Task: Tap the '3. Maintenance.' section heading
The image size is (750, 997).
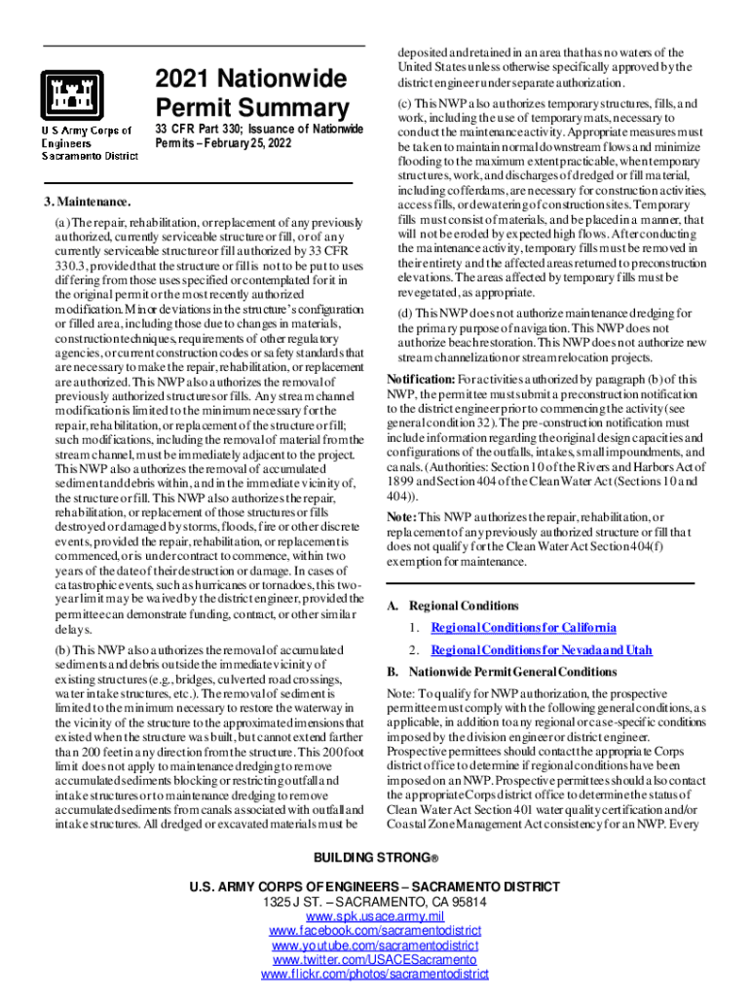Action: pyautogui.click(x=87, y=202)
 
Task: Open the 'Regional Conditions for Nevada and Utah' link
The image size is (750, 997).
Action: pyautogui.click(x=541, y=650)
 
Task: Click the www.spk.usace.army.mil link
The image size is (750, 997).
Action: pyautogui.click(x=375, y=917)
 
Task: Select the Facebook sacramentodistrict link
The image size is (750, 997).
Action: pyautogui.click(x=375, y=932)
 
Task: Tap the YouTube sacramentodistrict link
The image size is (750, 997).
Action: pyautogui.click(x=375, y=945)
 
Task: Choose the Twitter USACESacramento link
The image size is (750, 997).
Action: pyautogui.click(x=375, y=960)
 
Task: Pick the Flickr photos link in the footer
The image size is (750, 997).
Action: pyautogui.click(x=375, y=974)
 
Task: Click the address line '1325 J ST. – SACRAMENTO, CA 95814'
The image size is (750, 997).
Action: pyautogui.click(x=375, y=903)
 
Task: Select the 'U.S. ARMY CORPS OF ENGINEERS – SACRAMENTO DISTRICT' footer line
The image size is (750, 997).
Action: pyautogui.click(x=375, y=887)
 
